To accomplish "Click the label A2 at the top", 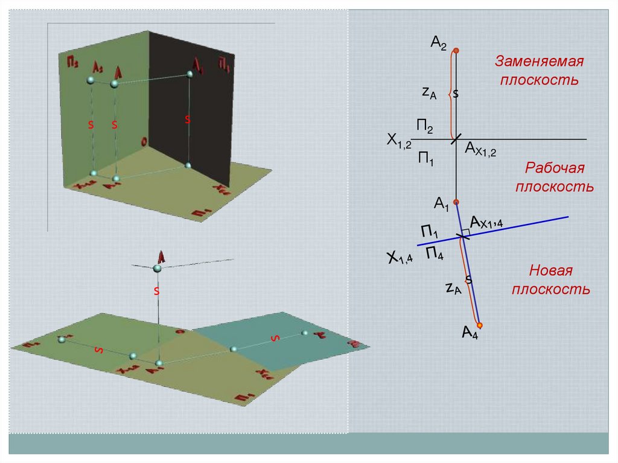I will point(438,42).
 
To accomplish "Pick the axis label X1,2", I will point(399,141).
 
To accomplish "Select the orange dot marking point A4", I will point(480,325).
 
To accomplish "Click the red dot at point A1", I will point(456,202).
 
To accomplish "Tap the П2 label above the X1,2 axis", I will point(424,127).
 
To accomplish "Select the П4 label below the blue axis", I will point(435,253).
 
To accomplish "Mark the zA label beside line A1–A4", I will point(453,288).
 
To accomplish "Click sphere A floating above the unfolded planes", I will point(158,268).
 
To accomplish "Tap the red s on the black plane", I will point(187,120).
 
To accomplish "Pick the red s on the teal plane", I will point(275,338).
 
